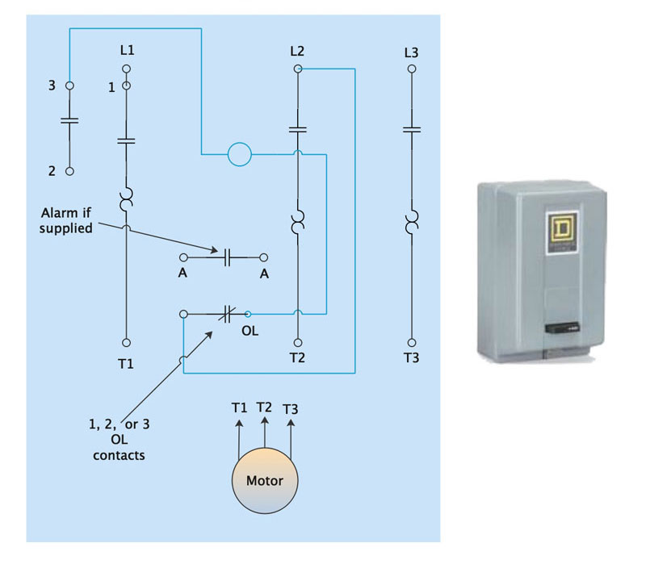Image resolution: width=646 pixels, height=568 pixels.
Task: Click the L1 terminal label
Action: coord(126,51)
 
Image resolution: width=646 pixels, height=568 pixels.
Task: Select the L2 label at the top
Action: coord(297,51)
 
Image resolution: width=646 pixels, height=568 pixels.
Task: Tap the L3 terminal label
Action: coord(411,52)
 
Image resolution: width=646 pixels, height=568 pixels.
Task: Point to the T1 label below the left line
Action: coord(126,364)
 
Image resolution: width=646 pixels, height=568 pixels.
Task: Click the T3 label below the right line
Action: coord(411,357)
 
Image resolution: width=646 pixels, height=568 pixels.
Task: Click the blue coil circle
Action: coord(240,153)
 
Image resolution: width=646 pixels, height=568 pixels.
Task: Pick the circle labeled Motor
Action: coord(265,481)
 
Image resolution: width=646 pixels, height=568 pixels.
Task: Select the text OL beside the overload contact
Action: coord(250,330)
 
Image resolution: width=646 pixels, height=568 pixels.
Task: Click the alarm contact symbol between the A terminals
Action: coord(227,257)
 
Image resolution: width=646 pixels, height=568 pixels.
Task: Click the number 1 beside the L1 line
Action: coord(111,87)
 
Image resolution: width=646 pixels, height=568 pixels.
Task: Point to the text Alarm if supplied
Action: coord(67,220)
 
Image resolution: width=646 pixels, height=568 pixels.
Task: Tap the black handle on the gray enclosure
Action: coord(560,328)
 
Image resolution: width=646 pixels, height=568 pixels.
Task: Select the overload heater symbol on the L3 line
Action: coord(412,220)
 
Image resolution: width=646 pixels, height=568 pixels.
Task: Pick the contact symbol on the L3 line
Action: coord(412,129)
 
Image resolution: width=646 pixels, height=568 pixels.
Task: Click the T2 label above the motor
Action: coord(264,407)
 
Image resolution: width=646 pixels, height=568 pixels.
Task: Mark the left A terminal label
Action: coord(183,274)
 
